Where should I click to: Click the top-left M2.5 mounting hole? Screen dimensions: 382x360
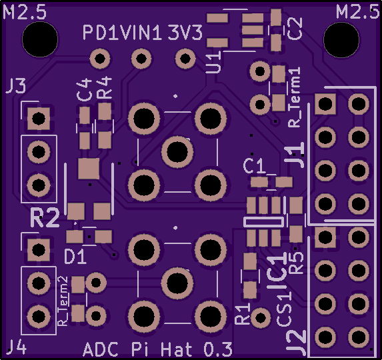click(x=40, y=39)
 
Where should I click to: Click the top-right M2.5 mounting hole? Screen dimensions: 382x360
click(x=341, y=40)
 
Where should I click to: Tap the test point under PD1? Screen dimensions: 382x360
click(x=99, y=59)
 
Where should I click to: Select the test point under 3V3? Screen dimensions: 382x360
click(x=185, y=59)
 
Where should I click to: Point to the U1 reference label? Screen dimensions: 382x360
click(x=213, y=62)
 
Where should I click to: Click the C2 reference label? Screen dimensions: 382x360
click(x=295, y=29)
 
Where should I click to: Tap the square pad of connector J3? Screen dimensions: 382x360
click(x=39, y=119)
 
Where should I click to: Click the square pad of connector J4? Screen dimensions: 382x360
click(x=39, y=250)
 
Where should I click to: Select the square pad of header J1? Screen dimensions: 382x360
click(x=325, y=104)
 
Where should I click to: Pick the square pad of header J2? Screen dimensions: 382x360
click(x=325, y=237)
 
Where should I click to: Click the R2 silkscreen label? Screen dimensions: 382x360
click(x=45, y=217)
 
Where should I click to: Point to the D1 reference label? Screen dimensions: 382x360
click(x=75, y=257)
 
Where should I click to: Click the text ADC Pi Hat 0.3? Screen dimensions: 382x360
click(x=157, y=350)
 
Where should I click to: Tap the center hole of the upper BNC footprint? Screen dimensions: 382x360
click(x=177, y=152)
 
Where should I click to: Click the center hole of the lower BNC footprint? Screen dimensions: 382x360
click(x=177, y=283)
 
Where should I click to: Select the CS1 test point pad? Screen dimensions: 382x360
click(x=261, y=317)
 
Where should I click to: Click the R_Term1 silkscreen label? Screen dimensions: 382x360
click(x=294, y=97)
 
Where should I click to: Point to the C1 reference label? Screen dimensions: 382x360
click(x=254, y=166)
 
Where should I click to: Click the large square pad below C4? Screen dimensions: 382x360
click(x=89, y=169)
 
